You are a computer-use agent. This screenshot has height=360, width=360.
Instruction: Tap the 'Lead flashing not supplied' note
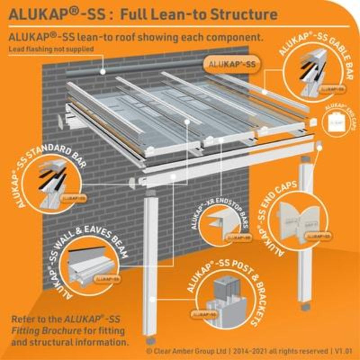coord(50,49)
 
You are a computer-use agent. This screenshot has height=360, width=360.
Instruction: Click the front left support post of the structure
coord(153,270)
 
